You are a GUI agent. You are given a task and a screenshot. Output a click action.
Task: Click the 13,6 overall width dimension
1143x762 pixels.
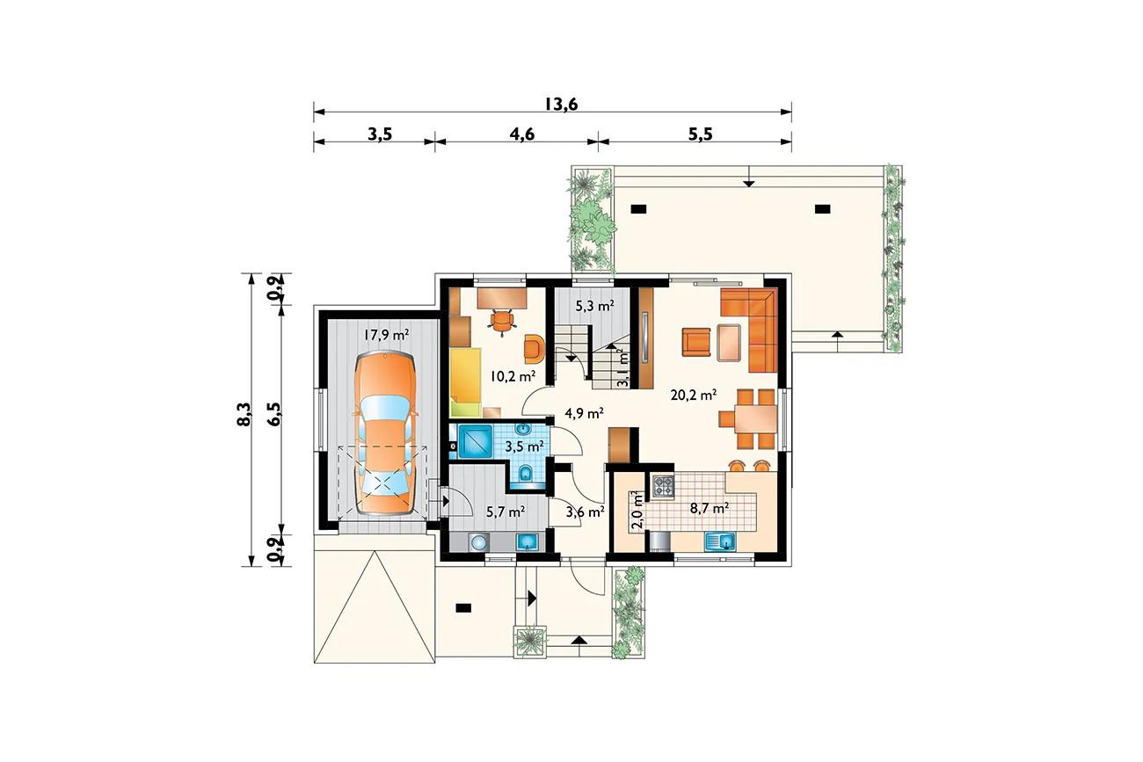click(560, 104)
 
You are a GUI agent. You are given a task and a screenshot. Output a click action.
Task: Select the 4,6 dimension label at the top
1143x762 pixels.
click(521, 134)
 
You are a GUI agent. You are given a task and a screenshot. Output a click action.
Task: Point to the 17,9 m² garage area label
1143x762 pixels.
click(386, 335)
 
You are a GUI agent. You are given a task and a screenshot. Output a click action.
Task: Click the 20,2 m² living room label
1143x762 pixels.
click(694, 395)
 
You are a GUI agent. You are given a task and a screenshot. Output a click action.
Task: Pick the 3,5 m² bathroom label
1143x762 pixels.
click(524, 446)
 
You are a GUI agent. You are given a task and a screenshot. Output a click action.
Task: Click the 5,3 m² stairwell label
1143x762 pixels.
click(594, 306)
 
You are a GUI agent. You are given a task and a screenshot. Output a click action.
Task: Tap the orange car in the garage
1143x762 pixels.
click(386, 432)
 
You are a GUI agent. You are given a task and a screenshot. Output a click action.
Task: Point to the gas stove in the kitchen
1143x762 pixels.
click(662, 486)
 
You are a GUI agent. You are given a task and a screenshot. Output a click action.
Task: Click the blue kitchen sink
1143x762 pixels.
click(720, 541)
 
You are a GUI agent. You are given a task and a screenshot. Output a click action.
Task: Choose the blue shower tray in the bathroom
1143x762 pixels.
click(475, 441)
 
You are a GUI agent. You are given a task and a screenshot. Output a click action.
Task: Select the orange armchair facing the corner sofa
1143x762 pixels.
click(696, 342)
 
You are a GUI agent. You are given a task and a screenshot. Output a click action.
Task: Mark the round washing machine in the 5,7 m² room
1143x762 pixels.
click(477, 541)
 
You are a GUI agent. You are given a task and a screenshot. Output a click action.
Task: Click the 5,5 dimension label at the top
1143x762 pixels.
click(700, 134)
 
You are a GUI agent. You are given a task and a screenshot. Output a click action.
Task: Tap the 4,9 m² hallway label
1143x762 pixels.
click(585, 412)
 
